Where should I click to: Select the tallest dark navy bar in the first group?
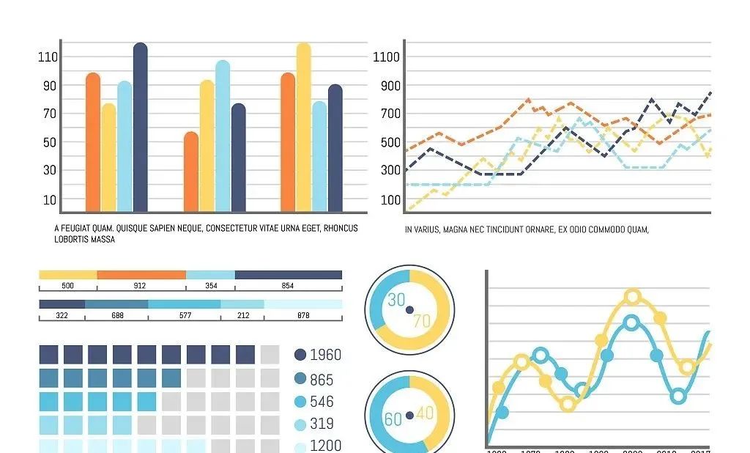(140, 128)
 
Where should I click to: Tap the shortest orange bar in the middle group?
(191, 173)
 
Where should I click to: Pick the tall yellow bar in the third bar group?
(303, 128)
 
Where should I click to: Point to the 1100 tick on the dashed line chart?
(386, 56)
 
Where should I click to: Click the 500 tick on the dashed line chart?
(390, 142)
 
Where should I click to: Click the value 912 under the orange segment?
(141, 286)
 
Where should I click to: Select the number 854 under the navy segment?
(288, 286)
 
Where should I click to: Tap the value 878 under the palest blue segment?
(303, 315)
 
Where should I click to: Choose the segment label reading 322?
(62, 315)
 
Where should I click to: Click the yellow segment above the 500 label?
(67, 275)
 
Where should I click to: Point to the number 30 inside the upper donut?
(396, 300)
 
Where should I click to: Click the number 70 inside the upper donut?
(422, 321)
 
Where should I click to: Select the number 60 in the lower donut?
(393, 419)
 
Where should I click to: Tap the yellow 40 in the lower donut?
(425, 413)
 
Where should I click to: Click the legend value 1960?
(325, 356)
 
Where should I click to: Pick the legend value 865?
(321, 380)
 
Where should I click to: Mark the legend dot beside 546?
(300, 402)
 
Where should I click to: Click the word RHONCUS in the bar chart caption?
(341, 228)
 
